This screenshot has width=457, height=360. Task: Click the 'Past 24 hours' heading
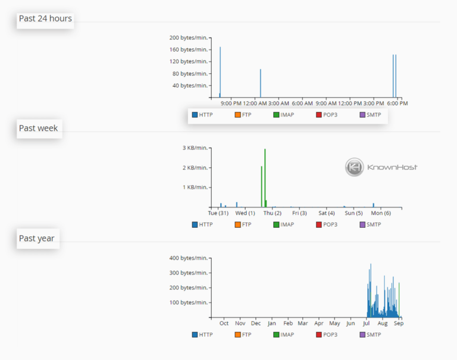(x=45, y=18)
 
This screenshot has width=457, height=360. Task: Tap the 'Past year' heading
(x=37, y=238)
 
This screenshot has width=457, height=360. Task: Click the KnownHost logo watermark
(x=381, y=167)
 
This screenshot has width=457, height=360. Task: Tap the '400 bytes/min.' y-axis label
(x=188, y=258)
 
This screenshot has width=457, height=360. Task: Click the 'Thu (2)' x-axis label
(x=273, y=213)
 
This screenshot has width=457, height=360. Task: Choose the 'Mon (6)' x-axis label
(x=380, y=213)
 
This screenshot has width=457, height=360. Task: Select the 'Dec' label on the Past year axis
(x=256, y=324)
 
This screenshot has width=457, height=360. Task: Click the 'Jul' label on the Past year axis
(x=367, y=324)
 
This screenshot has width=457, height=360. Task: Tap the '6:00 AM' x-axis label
(x=302, y=103)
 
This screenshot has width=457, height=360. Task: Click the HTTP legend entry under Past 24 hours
(x=202, y=114)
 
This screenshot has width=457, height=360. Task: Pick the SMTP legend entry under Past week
(x=370, y=224)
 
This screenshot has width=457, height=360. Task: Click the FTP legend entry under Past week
(x=243, y=224)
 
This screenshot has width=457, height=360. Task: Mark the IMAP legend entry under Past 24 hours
(x=283, y=114)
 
